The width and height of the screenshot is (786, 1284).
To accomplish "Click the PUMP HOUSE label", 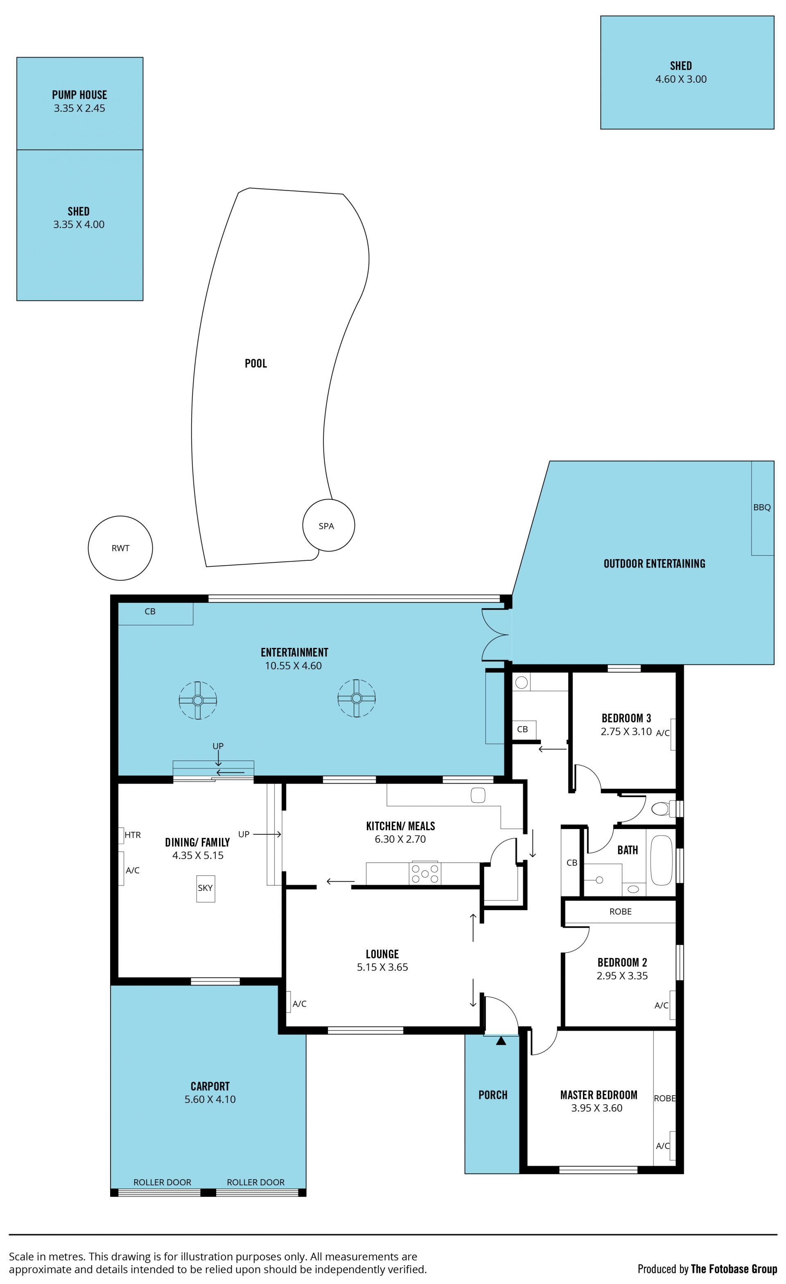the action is pyautogui.click(x=79, y=95).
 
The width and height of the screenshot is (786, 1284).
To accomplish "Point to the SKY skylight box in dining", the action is pyautogui.click(x=205, y=888).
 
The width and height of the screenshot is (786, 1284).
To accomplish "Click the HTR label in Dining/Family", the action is pyautogui.click(x=133, y=835).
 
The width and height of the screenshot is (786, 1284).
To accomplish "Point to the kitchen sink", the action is pyautogui.click(x=478, y=795).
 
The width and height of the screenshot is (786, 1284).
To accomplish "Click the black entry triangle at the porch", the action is pyautogui.click(x=501, y=1040).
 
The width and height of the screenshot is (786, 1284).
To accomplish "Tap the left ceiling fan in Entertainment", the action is pyautogui.click(x=197, y=700).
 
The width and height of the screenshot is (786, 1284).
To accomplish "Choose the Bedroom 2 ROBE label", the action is pyautogui.click(x=620, y=911).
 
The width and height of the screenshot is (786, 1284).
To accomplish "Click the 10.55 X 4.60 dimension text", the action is pyautogui.click(x=293, y=666).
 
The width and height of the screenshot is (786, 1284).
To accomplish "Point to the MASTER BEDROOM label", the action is pyautogui.click(x=599, y=1095).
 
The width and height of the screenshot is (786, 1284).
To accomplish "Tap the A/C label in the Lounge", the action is pyautogui.click(x=300, y=1003).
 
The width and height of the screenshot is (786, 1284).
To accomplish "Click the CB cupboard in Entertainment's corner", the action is pyautogui.click(x=156, y=614).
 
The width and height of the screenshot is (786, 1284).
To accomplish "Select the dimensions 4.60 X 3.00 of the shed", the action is pyautogui.click(x=681, y=79).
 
